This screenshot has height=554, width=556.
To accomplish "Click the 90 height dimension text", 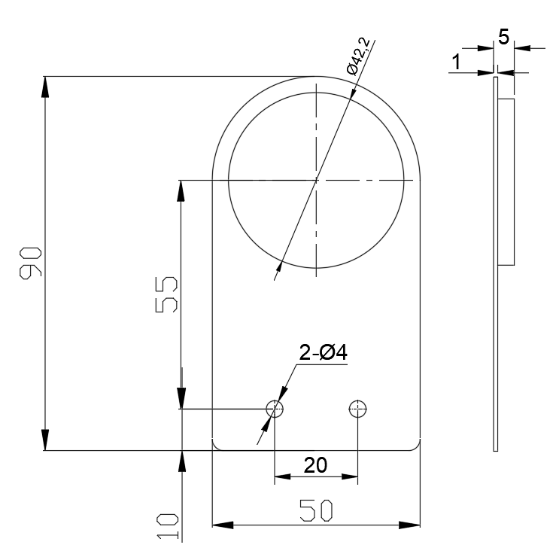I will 30,263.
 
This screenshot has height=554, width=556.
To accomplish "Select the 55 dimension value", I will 167,294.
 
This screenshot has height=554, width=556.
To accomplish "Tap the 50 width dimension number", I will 315,510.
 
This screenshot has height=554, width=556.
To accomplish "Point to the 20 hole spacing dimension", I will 315,465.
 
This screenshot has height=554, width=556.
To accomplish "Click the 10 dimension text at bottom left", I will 167,525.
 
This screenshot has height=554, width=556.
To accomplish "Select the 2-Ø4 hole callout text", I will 323,352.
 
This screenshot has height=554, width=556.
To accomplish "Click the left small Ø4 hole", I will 275,409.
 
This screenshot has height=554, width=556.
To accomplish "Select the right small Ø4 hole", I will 357,409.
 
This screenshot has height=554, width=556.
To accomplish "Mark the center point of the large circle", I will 317,180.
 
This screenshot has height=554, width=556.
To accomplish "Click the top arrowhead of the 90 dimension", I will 46,85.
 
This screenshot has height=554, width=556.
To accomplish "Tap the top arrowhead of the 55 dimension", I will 181,190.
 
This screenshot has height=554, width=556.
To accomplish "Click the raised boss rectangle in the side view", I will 506,181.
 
